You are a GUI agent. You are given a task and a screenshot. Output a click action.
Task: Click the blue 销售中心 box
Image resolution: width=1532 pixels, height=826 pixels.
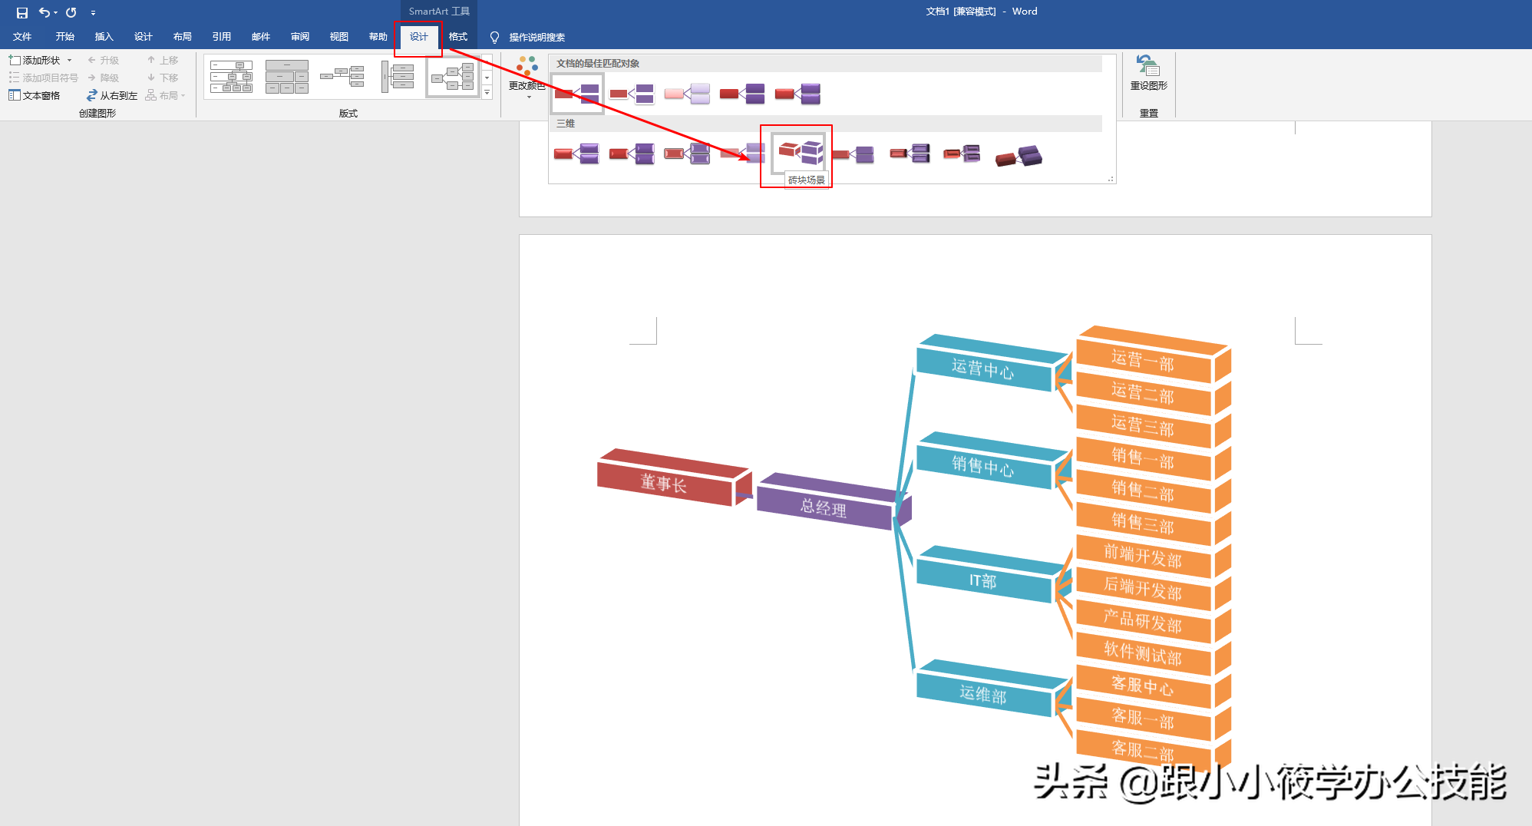coord(984,465)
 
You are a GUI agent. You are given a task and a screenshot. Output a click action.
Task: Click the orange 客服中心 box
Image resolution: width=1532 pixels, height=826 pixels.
coord(1144,685)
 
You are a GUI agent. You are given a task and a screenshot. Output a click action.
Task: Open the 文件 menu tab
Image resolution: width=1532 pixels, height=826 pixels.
coord(22,37)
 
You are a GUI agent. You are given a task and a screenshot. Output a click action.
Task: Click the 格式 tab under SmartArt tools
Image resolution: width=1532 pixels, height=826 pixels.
coord(458,37)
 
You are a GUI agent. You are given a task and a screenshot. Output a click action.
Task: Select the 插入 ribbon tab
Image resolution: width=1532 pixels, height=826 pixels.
coord(104,37)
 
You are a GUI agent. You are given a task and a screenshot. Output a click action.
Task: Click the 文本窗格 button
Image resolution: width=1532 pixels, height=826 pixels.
coord(35,95)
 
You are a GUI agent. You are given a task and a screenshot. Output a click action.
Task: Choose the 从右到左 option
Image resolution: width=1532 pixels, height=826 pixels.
coord(112,95)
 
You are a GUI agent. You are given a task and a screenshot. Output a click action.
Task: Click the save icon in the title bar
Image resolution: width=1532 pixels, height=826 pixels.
coord(22,12)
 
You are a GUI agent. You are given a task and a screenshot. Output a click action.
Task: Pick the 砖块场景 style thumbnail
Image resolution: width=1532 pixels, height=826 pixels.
coord(799,151)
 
